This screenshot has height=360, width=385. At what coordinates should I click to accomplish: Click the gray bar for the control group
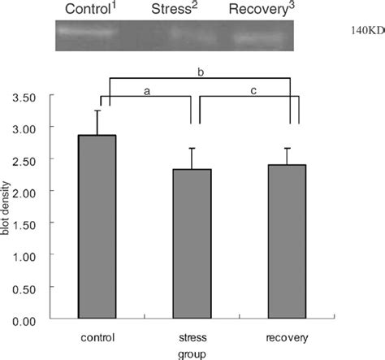(x=98, y=227)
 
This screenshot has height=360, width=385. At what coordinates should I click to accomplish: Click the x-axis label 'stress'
(x=192, y=336)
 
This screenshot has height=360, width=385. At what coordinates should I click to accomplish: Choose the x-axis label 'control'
(x=98, y=336)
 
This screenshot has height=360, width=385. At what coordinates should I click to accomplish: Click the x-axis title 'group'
(x=192, y=353)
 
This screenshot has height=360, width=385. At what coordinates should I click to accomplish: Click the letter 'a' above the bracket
(x=147, y=92)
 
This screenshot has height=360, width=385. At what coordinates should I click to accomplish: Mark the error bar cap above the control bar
(x=98, y=111)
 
